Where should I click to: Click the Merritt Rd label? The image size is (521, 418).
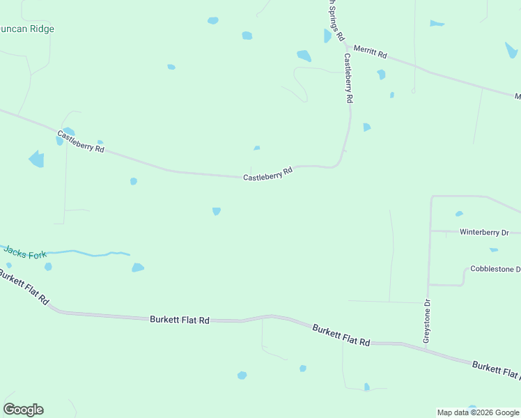pyautogui.click(x=370, y=51)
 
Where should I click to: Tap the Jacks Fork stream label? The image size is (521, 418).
pyautogui.click(x=24, y=254)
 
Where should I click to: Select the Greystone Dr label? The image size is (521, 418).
pyautogui.click(x=427, y=321)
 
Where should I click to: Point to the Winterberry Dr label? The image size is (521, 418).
pyautogui.click(x=484, y=232)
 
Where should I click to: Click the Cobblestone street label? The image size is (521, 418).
pyautogui.click(x=495, y=269)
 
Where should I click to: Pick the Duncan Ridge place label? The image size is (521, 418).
pyautogui.click(x=28, y=29)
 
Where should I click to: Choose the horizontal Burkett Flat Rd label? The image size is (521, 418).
pyautogui.click(x=180, y=320)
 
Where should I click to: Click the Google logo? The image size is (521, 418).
pyautogui.click(x=23, y=410)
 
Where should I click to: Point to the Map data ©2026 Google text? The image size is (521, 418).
pyautogui.click(x=478, y=412)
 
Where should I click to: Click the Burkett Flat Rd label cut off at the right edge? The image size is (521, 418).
pyautogui.click(x=495, y=369)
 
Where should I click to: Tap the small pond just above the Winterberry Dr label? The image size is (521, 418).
pyautogui.click(x=458, y=214)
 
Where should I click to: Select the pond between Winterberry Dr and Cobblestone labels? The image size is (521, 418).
pyautogui.click(x=493, y=249)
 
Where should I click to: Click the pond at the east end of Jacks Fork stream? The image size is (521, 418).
pyautogui.click(x=138, y=268)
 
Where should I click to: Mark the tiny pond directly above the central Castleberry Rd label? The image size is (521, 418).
pyautogui.click(x=257, y=148)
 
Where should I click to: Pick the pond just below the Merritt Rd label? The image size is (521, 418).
pyautogui.click(x=381, y=75)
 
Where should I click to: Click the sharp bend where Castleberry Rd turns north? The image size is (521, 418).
pyautogui.click(x=339, y=162)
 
